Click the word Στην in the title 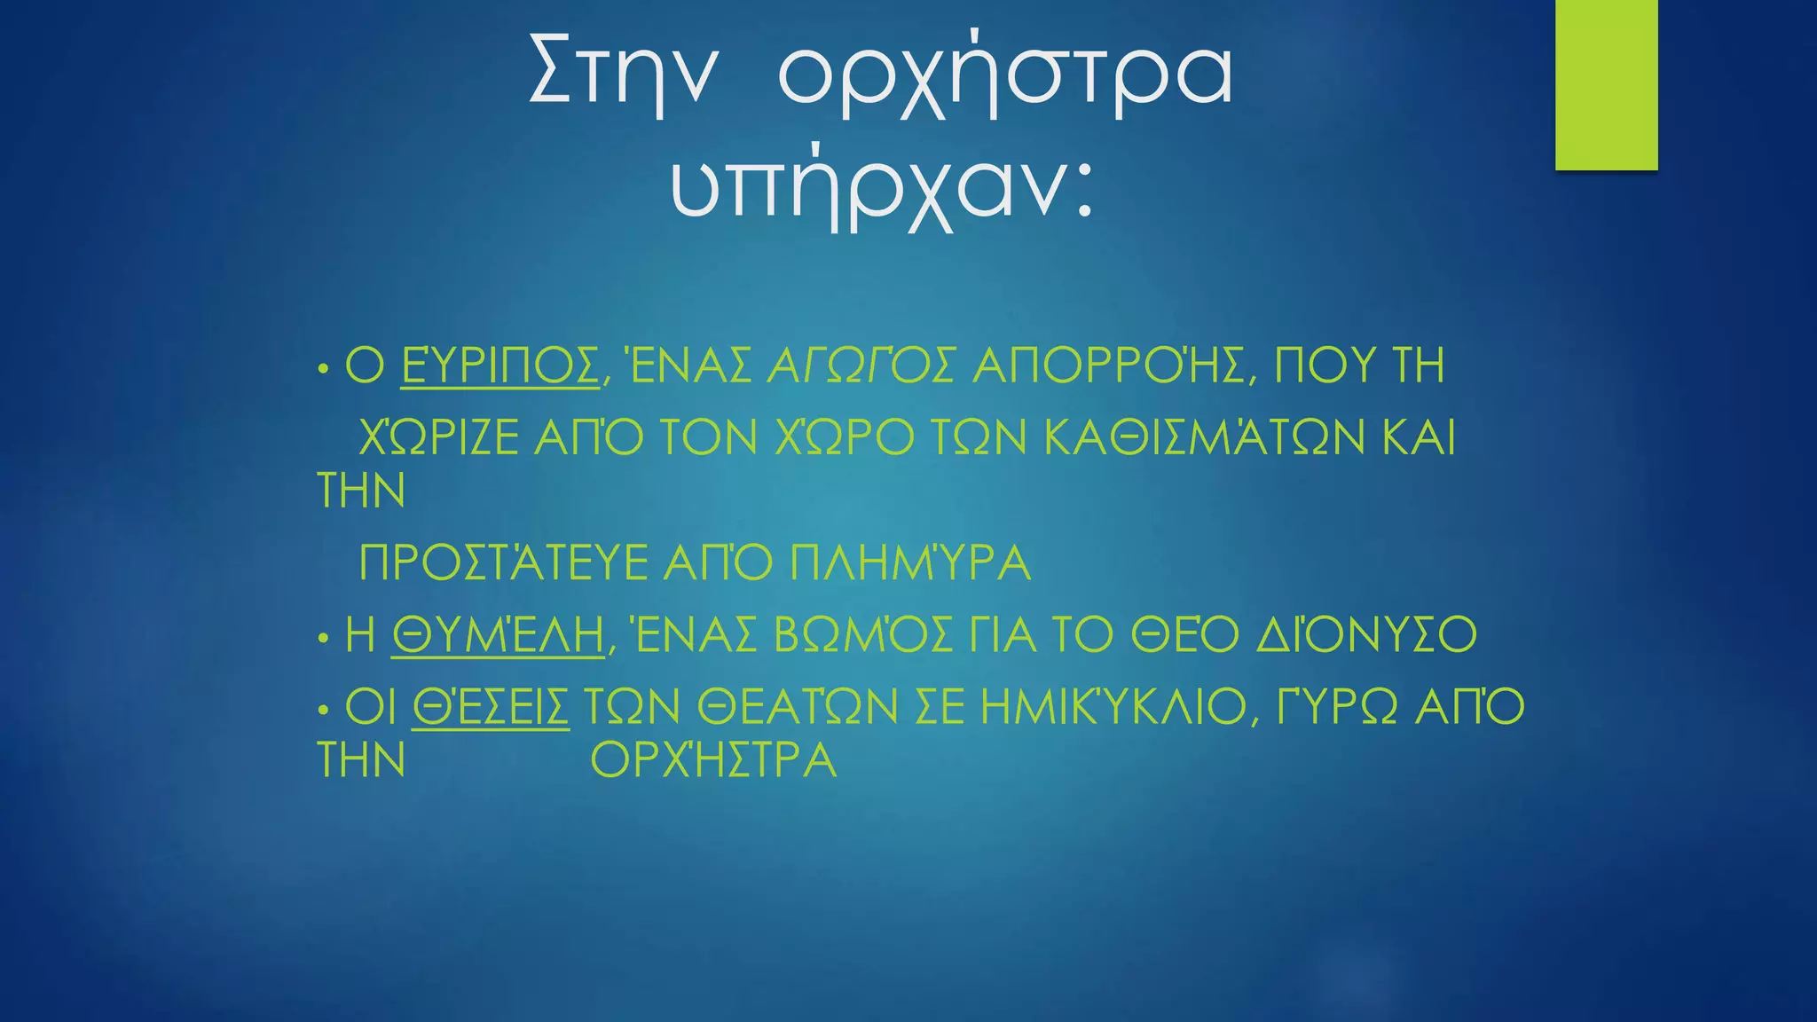(621, 73)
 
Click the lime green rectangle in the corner (1606, 84)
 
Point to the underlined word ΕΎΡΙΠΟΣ (500, 366)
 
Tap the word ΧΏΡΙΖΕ (439, 437)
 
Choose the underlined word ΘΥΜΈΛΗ (498, 635)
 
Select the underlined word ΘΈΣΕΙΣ (491, 707)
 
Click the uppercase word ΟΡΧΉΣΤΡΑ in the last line (714, 760)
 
